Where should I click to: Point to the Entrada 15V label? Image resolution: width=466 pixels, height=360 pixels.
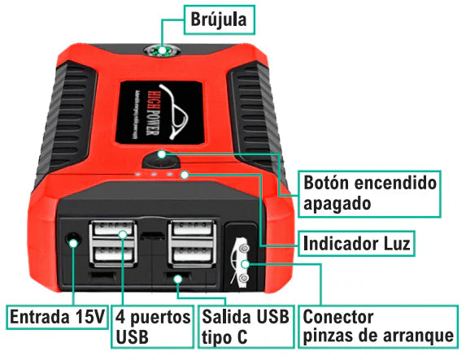pyautogui.click(x=56, y=315)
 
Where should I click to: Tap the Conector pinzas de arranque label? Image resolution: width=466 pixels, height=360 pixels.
pyautogui.click(x=377, y=325)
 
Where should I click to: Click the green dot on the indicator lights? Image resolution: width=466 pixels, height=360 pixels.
pyautogui.click(x=186, y=174)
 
